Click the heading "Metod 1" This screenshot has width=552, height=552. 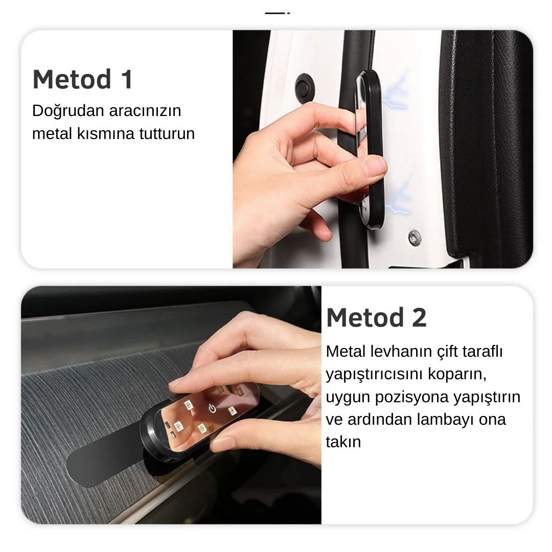coord(83,79)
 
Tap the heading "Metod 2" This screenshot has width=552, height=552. coord(376,317)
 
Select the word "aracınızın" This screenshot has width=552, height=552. coord(145,111)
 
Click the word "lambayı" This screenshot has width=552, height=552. coord(446,420)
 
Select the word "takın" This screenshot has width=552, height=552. coord(343,442)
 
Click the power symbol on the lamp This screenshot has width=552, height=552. coord(212,408)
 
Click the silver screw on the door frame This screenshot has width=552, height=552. coord(415,238)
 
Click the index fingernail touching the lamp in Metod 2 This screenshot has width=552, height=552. coord(176,383)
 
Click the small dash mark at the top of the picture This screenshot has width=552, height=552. coord(277,13)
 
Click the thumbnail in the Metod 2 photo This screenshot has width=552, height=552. coord(222,444)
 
